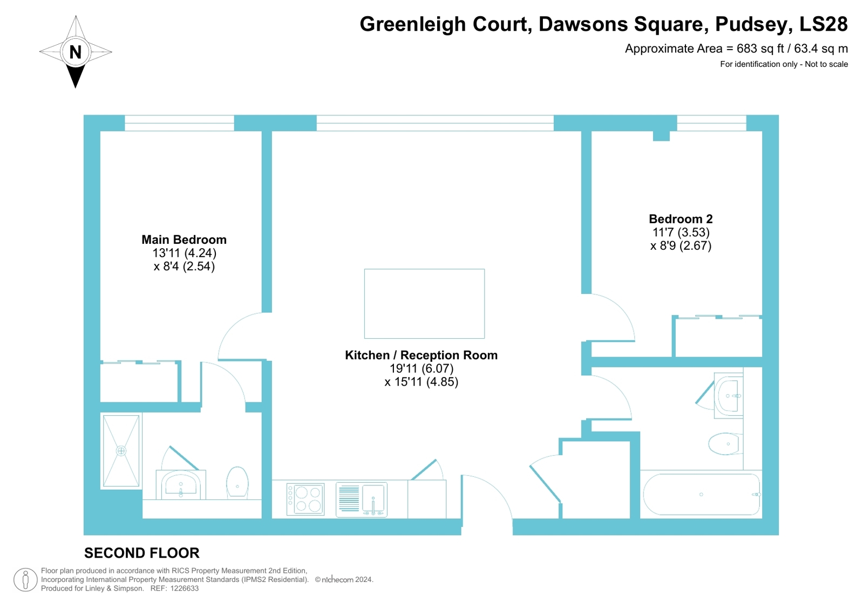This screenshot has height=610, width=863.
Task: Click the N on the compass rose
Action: pyautogui.click(x=76, y=52)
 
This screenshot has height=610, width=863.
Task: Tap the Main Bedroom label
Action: pyautogui.click(x=184, y=239)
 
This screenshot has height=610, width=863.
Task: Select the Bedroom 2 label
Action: pyautogui.click(x=681, y=219)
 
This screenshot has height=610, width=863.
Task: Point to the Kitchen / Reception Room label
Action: pyautogui.click(x=421, y=355)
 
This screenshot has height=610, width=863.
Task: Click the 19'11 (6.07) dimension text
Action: pyautogui.click(x=422, y=368)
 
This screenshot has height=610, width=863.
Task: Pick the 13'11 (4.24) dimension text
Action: pyautogui.click(x=184, y=253)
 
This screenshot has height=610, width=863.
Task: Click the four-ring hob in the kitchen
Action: pyautogui.click(x=305, y=499)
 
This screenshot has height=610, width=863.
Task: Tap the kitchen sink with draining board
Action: pyautogui.click(x=362, y=499)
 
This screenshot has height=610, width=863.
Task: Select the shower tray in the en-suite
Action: pyautogui.click(x=121, y=451)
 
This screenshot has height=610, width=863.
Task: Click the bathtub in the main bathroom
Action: pyautogui.click(x=701, y=494)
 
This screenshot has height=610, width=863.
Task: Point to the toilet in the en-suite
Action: pyautogui.click(x=237, y=483)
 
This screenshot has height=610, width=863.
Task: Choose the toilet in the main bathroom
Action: pyautogui.click(x=725, y=444)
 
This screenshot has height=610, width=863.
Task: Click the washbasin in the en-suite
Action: pyautogui.click(x=181, y=484)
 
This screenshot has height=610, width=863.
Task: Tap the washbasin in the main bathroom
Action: pyautogui.click(x=729, y=395)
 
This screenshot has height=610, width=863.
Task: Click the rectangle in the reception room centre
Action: pyautogui.click(x=424, y=304)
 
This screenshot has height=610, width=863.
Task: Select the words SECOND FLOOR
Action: pyautogui.click(x=142, y=553)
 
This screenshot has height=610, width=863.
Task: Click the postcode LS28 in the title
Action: pyautogui.click(x=823, y=24)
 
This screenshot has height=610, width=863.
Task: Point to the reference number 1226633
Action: pyautogui.click(x=184, y=588)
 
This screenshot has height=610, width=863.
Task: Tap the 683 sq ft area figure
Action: pyautogui.click(x=760, y=49)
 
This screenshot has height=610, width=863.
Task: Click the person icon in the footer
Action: pyautogui.click(x=25, y=580)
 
